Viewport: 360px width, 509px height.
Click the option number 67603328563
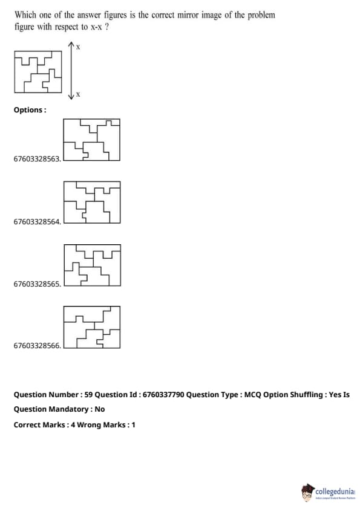point(37,159)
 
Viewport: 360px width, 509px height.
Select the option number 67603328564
point(37,222)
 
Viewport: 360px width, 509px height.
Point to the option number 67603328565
point(37,284)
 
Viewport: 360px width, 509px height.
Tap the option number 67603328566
point(37,345)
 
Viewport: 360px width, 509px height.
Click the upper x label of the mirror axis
point(78,47)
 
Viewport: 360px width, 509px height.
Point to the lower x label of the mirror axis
point(78,94)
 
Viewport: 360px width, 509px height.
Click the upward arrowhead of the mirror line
point(71,45)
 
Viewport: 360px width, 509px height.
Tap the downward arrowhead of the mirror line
point(71,96)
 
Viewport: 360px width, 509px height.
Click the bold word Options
point(28,110)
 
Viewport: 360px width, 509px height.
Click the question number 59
point(88,395)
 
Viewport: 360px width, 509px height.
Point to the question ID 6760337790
point(163,395)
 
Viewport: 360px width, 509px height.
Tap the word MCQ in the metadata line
point(252,395)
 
